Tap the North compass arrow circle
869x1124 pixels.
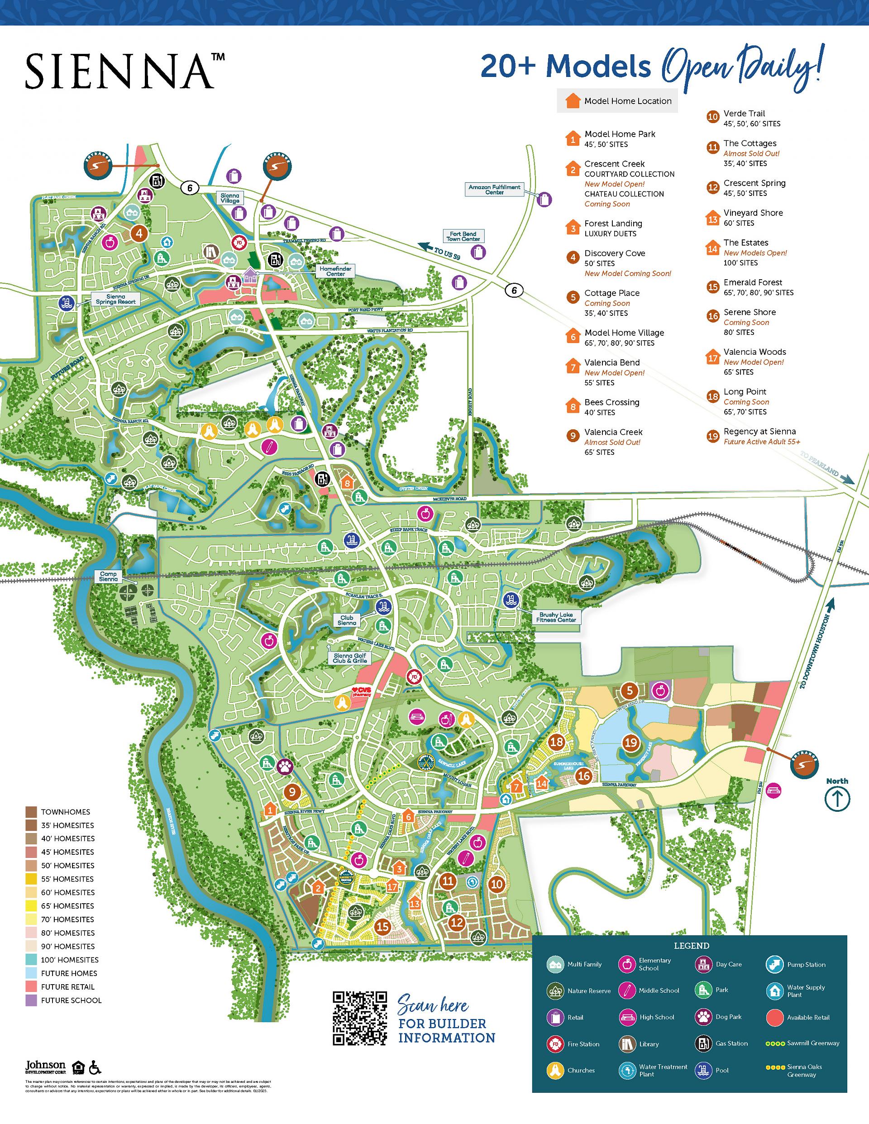(x=837, y=799)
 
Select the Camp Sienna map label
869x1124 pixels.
(x=108, y=576)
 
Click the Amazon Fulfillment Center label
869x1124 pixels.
(x=494, y=190)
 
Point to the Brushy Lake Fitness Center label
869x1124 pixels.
(x=556, y=617)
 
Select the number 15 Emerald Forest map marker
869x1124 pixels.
(x=382, y=926)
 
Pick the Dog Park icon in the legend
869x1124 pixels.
(x=703, y=1016)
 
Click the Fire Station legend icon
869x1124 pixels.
(x=555, y=1044)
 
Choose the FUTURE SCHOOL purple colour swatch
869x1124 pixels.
(x=31, y=1000)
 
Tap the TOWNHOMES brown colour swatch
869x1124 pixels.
(x=31, y=812)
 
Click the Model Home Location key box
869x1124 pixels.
(x=617, y=101)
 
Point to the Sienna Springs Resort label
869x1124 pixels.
(x=115, y=299)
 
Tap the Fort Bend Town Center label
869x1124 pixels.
(x=463, y=236)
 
